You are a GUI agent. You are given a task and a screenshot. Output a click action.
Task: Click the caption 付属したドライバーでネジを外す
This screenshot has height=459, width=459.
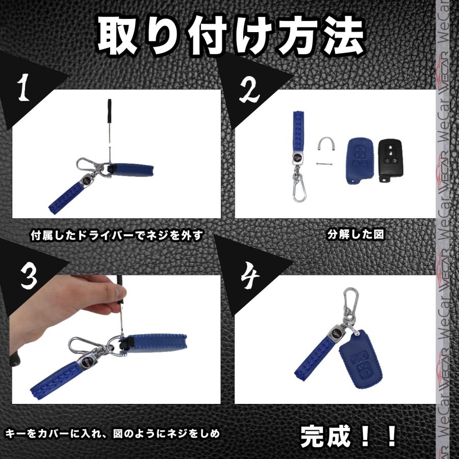117,235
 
